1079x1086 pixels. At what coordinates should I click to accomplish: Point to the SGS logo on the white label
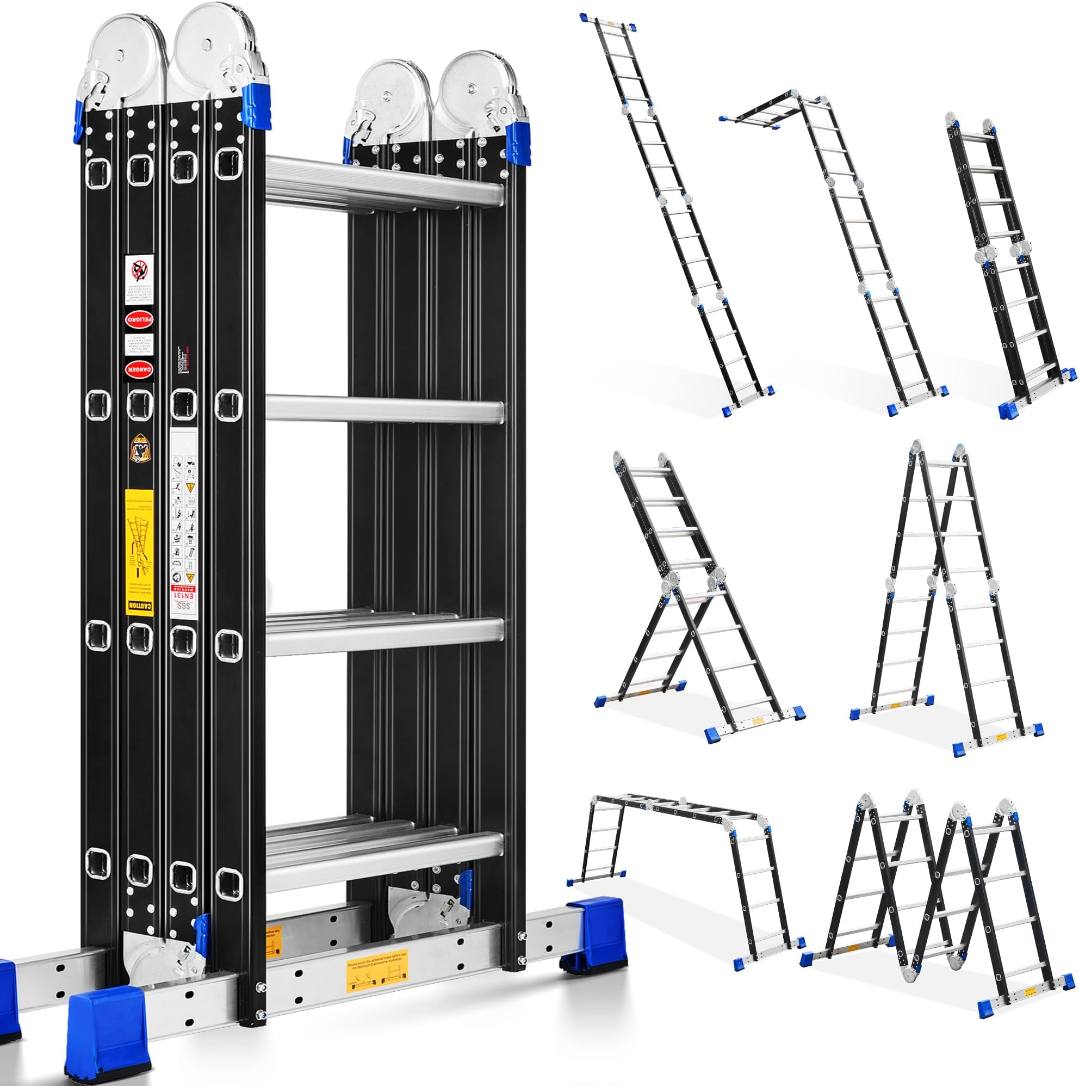[183, 611]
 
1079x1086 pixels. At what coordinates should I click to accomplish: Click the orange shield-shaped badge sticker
[138, 448]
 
